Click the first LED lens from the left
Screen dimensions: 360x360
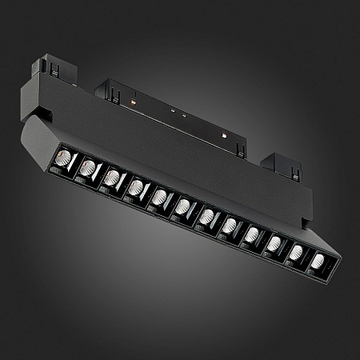(x=66, y=157)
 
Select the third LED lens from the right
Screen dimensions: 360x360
(x=275, y=242)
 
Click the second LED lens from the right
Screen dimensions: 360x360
(x=298, y=252)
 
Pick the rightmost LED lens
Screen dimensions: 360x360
(x=320, y=261)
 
